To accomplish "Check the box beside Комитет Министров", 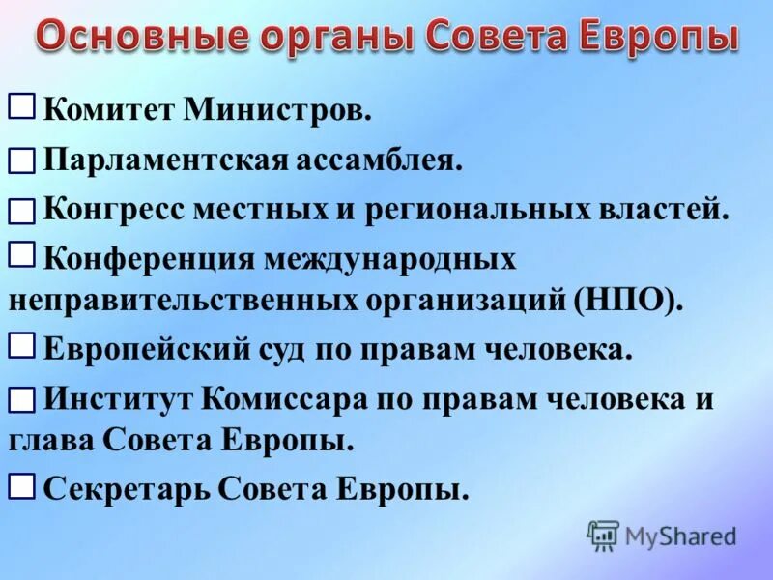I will pos(22,105).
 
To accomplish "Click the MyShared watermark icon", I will pos(602,535).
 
